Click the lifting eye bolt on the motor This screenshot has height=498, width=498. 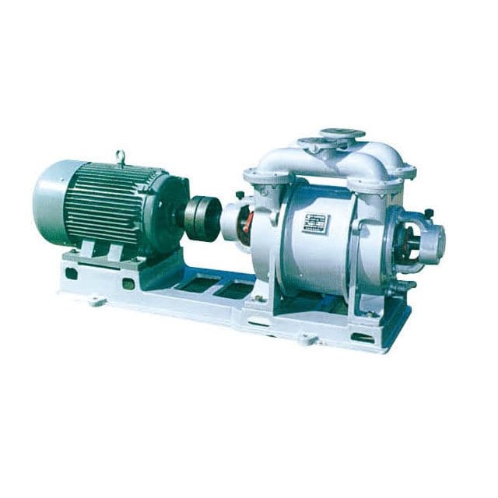point(121,158)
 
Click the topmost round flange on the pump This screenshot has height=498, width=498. point(343,134)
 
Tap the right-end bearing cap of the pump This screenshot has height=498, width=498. point(431,240)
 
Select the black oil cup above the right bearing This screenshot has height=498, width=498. point(428,212)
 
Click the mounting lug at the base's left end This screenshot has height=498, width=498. point(95,300)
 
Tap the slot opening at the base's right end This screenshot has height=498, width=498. point(363,337)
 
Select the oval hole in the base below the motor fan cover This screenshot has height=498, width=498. point(71,273)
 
